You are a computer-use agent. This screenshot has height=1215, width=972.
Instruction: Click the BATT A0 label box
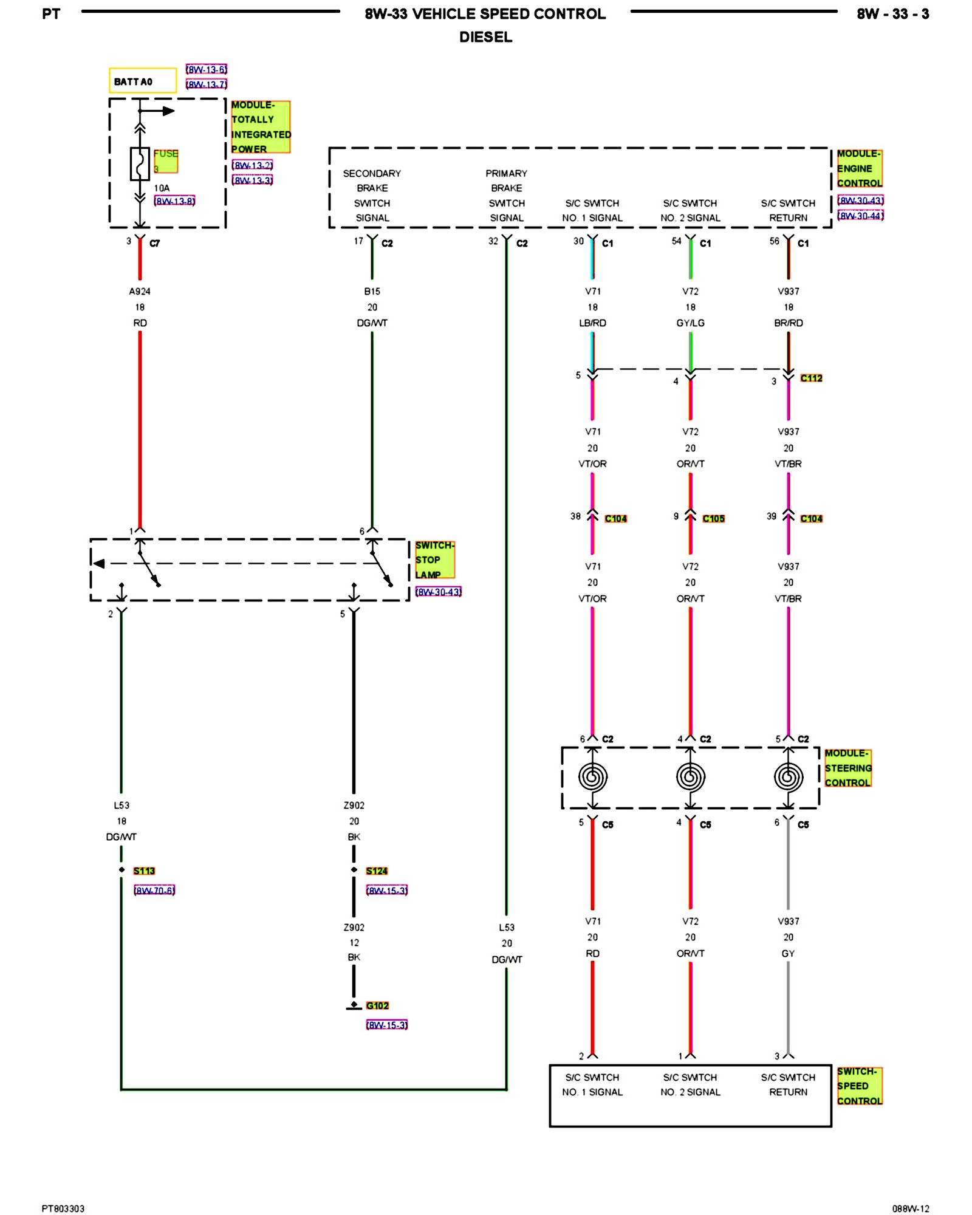pyautogui.click(x=142, y=81)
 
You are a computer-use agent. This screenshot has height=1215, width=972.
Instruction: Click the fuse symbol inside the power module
pyautogui.click(x=140, y=164)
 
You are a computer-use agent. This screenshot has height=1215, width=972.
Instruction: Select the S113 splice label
pyautogui.click(x=144, y=871)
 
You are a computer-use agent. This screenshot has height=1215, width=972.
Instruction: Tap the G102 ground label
pyautogui.click(x=377, y=1005)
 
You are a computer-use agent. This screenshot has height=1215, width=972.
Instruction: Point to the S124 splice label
pyautogui.click(x=377, y=871)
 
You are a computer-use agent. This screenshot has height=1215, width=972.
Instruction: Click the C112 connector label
pyautogui.click(x=811, y=378)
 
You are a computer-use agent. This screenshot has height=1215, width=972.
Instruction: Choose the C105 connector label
pyautogui.click(x=713, y=518)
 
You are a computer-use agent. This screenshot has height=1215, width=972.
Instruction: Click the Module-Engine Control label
pyautogui.click(x=859, y=168)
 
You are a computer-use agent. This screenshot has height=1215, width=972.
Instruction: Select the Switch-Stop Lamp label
pyautogui.click(x=434, y=560)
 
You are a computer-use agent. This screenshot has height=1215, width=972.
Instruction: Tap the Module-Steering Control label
pyautogui.click(x=847, y=768)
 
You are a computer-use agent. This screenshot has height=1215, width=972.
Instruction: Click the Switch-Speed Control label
pyautogui.click(x=859, y=1086)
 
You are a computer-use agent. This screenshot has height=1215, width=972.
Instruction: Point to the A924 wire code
pyautogui.click(x=140, y=292)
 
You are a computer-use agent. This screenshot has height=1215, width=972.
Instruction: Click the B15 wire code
pyautogui.click(x=372, y=292)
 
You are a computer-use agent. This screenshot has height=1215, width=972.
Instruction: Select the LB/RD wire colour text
pyautogui.click(x=592, y=323)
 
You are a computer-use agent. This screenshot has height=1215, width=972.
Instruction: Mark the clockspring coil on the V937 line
pyautogui.click(x=788, y=777)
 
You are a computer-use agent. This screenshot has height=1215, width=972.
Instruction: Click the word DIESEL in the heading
pyautogui.click(x=485, y=37)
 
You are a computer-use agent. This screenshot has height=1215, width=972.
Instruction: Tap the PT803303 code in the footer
pyautogui.click(x=63, y=1208)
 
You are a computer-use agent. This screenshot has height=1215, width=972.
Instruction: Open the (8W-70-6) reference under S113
pyautogui.click(x=154, y=890)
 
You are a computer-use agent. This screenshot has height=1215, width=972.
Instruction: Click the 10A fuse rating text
pyautogui.click(x=162, y=188)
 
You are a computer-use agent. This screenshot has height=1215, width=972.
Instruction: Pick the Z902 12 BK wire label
pyautogui.click(x=354, y=942)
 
